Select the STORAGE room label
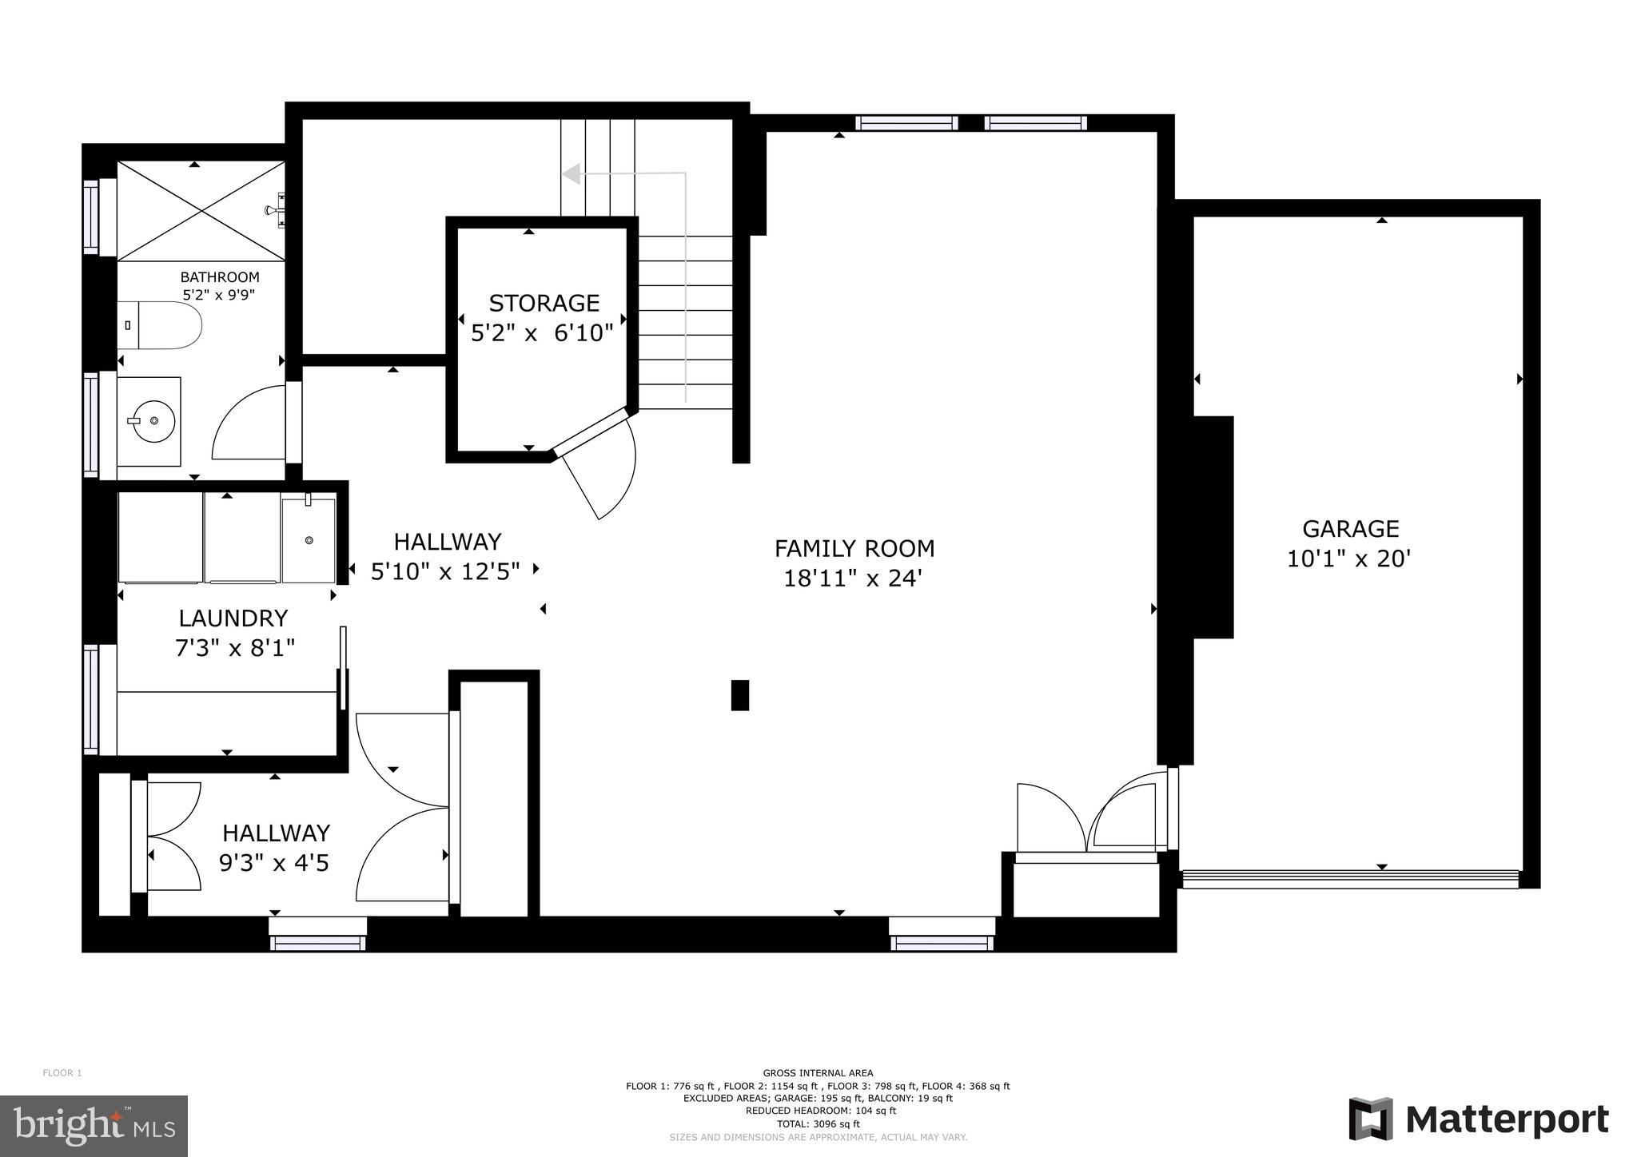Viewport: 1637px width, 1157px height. [x=544, y=304]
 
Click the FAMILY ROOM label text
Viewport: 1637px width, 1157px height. [x=854, y=549]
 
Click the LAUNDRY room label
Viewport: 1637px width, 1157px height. [x=233, y=618]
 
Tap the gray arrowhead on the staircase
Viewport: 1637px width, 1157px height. [x=571, y=173]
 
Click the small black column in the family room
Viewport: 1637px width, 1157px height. [x=740, y=695]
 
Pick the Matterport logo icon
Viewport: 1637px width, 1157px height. [x=1370, y=1119]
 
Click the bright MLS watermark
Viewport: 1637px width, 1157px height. [x=94, y=1126]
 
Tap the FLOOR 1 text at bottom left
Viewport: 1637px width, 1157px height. [x=62, y=1073]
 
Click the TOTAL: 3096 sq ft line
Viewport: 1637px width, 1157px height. [x=818, y=1123]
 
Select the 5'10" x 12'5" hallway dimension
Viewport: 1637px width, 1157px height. [x=445, y=571]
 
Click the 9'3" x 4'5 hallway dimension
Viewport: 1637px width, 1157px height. [x=273, y=863]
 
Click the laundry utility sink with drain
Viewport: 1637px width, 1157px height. [x=308, y=539]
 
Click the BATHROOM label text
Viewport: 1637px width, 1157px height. [x=219, y=277]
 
